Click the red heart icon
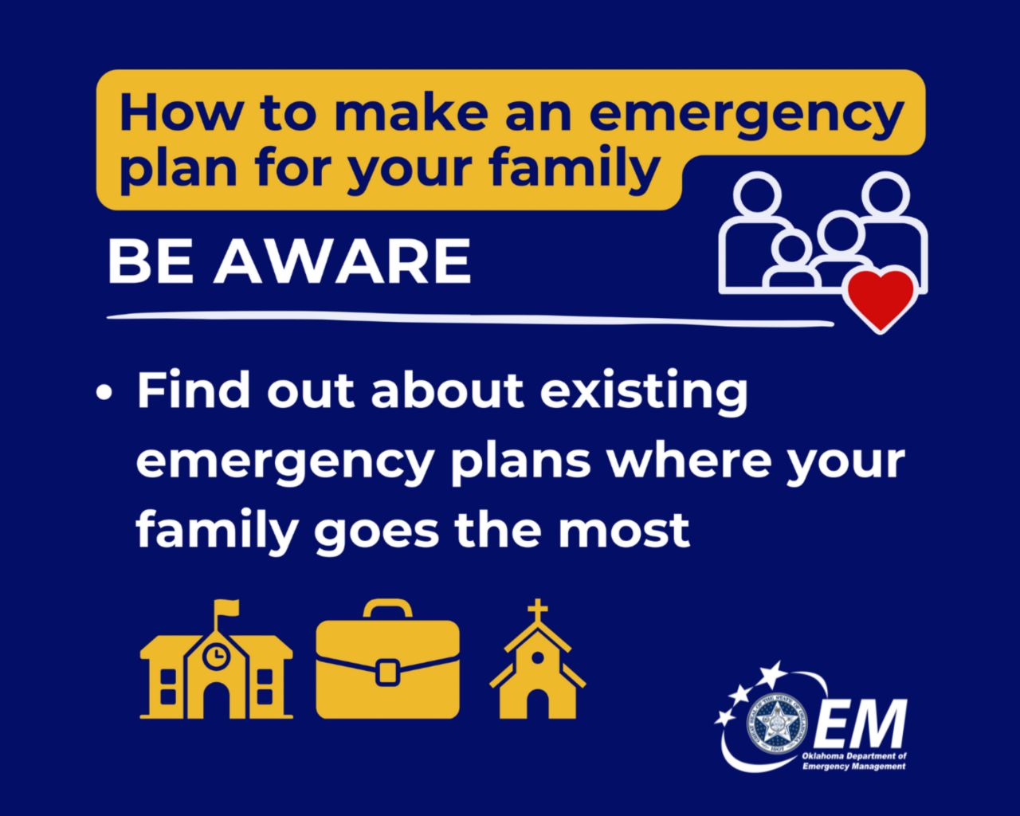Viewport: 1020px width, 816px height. point(881,299)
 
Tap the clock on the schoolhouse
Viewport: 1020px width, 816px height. point(216,657)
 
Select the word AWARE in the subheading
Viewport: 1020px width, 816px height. point(343,261)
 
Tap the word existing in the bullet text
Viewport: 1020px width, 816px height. point(644,392)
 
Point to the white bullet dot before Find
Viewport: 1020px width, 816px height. point(104,393)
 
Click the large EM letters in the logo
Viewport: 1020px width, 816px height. point(861,724)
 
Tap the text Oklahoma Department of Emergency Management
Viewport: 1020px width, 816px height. point(854,761)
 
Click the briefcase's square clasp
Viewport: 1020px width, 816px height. point(387,672)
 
